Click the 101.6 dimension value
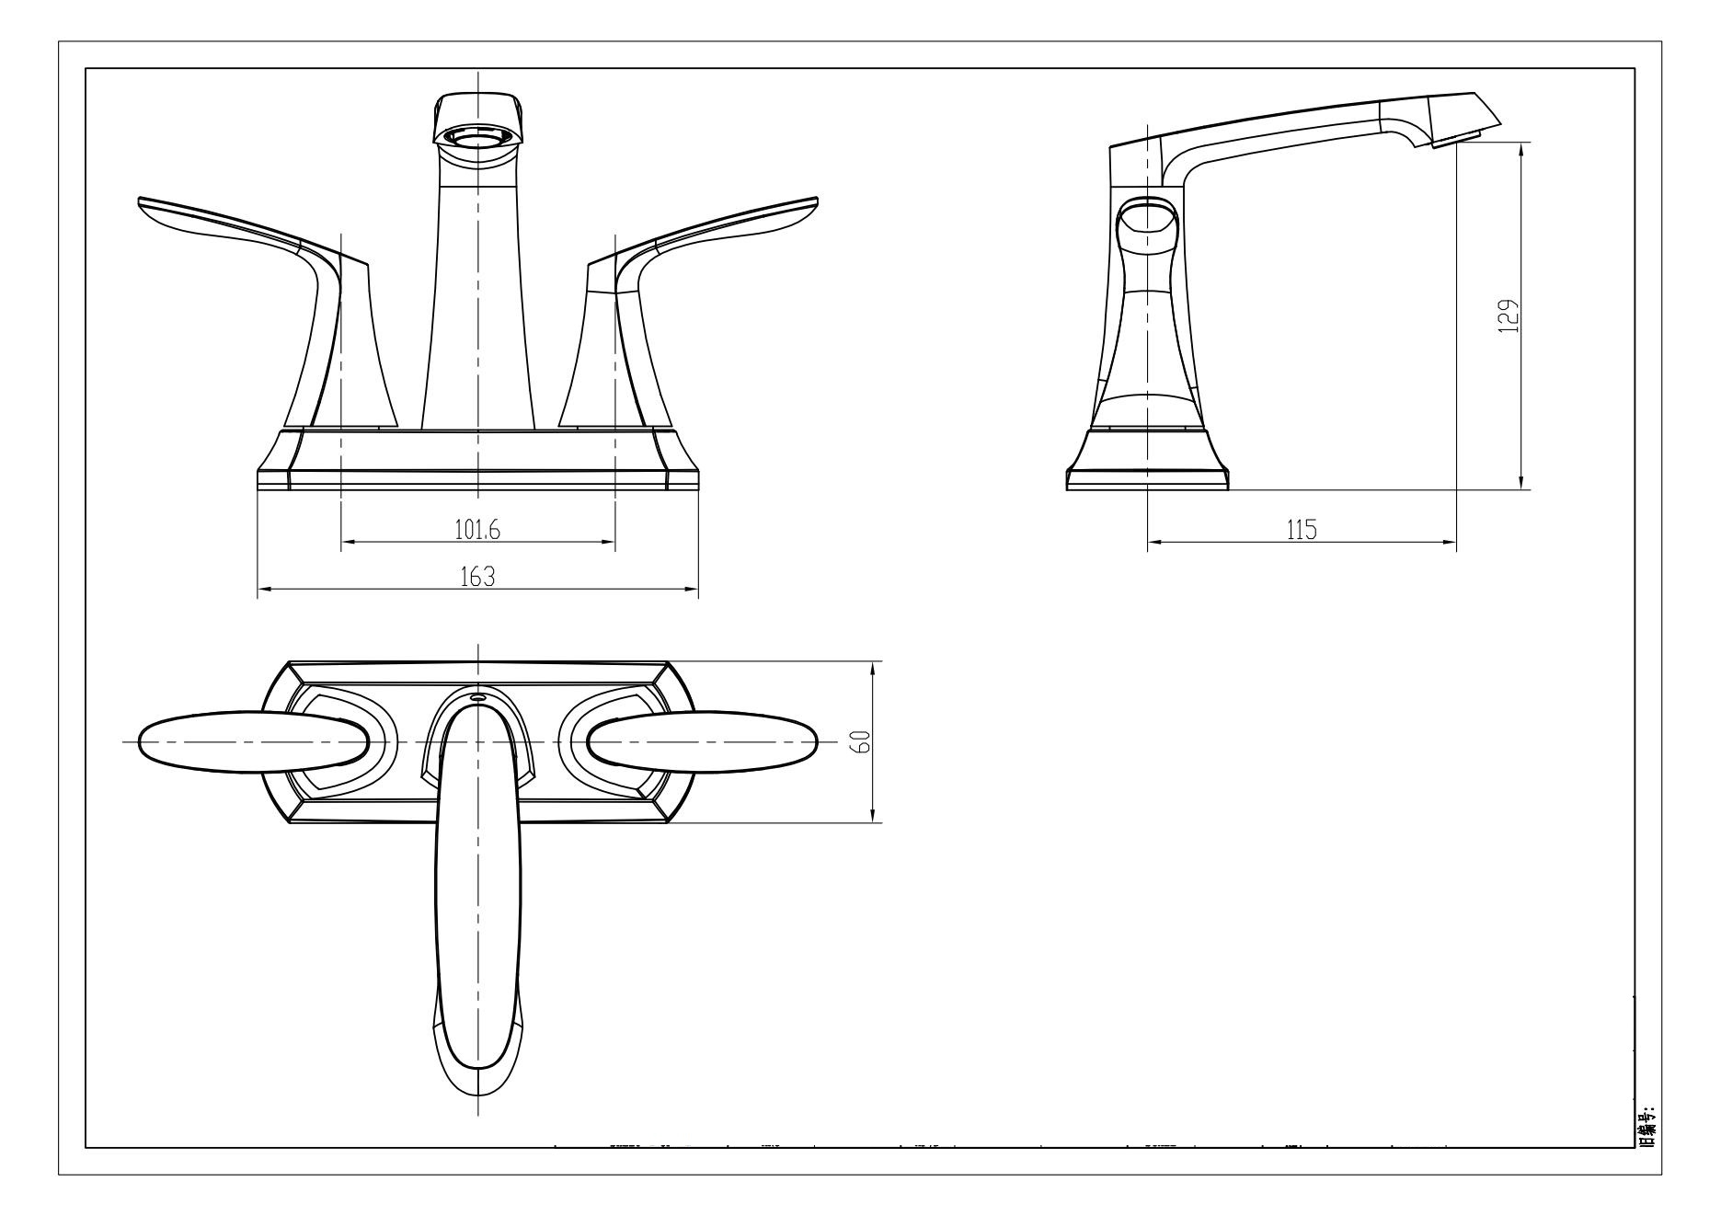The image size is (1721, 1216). [x=477, y=529]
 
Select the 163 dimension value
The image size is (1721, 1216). [x=477, y=577]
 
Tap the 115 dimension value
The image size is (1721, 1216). [x=1302, y=530]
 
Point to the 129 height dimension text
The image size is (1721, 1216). [x=1509, y=316]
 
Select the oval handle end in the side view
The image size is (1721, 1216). [x=1147, y=222]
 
